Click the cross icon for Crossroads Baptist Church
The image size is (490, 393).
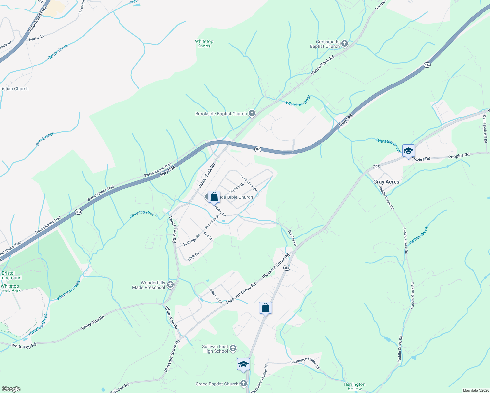coord(344,43)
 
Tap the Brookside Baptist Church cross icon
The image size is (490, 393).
coord(252,113)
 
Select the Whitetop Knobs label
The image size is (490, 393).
coord(204,44)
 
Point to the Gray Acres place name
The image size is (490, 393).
coord(386,182)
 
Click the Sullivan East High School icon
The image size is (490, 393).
coord(233,348)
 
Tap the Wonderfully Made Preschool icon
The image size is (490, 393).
coord(170,284)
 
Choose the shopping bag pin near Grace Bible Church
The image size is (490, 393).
coord(214,197)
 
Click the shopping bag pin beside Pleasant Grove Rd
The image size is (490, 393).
coord(265,308)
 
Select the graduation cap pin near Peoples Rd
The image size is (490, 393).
coord(408,151)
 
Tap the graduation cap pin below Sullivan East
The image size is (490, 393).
coord(243,365)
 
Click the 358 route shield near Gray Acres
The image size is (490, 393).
coord(376,166)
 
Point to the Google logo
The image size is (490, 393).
coord(11,389)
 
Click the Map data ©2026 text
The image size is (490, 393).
coord(476,390)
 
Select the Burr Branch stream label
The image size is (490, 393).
coord(45,139)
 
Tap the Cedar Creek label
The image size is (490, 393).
coord(58,52)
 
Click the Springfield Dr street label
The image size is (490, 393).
coord(249,183)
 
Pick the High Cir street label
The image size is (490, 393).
coord(194,256)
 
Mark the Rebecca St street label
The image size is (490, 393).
coord(215,296)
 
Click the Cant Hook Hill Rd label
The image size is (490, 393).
coord(485,129)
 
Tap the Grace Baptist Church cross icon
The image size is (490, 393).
coord(243,384)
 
